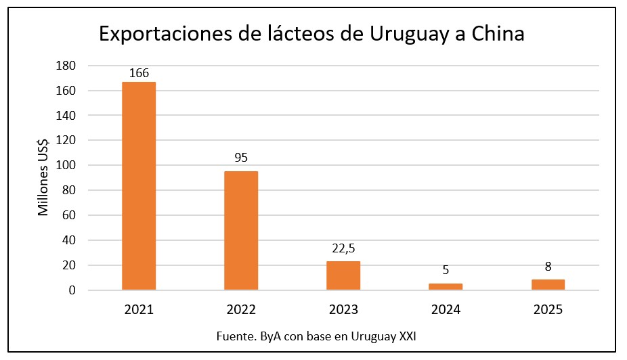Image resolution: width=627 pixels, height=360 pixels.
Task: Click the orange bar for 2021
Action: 139,186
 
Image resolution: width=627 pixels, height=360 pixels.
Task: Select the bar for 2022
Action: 241,231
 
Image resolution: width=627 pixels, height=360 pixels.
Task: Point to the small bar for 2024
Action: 446,287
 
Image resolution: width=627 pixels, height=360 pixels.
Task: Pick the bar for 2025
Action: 548,285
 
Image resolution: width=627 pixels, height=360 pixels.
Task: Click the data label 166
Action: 139,72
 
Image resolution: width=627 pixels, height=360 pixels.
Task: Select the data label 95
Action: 241,158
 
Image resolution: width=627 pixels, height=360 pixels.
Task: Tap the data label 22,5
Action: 343,248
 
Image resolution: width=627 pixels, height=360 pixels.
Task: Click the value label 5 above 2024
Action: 446,270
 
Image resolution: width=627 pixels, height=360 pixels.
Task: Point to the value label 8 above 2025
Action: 548,267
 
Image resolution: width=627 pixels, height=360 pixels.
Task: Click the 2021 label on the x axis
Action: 139,310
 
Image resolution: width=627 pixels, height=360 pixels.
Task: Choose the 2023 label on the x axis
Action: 343,310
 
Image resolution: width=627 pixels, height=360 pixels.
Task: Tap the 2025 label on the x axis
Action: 548,310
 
